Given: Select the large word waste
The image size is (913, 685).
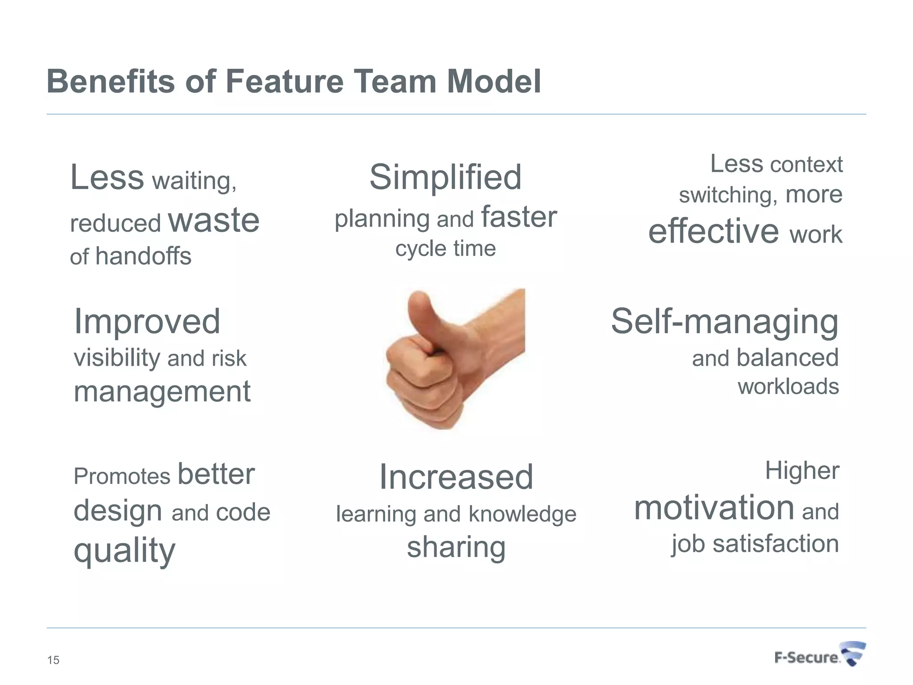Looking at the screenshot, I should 214,220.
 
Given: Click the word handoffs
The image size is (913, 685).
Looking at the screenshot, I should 144,256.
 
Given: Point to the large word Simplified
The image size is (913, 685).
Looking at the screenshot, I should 445,177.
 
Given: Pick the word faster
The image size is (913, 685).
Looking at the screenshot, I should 519,217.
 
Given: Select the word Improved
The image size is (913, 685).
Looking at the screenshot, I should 147,321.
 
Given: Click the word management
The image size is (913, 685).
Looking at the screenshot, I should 162,392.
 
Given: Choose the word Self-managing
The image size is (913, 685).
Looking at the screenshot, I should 724,322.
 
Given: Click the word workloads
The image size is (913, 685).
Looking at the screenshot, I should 788,386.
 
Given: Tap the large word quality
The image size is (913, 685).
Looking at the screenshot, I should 124,551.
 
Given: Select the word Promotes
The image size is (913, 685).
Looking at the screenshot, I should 122,476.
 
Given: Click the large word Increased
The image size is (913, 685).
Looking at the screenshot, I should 456,477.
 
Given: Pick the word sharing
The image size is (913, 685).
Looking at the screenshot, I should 456,548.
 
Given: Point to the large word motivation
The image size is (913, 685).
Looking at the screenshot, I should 714,508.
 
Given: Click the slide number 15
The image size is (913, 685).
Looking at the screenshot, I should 53,660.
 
